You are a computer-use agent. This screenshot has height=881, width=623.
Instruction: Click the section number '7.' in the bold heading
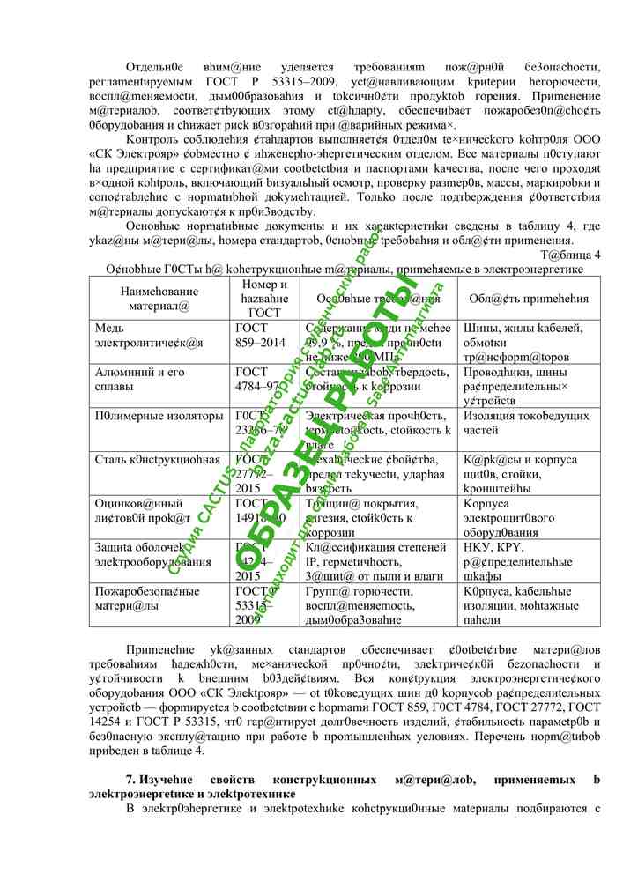coord(131,781)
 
